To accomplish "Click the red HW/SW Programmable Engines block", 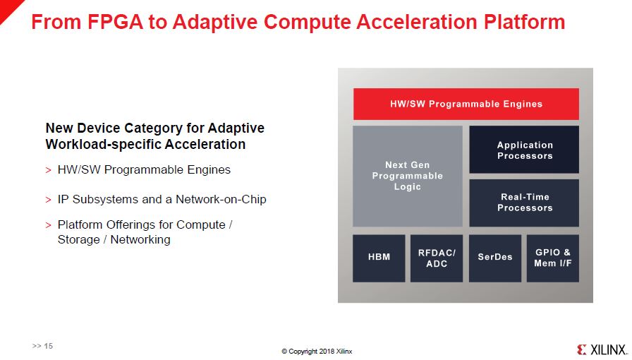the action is [466, 104].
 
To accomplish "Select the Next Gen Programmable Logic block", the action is [408, 176].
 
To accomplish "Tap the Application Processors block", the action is [524, 150].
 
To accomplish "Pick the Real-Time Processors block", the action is [524, 203].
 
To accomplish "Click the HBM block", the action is [379, 258].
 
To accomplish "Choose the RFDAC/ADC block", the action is [437, 258].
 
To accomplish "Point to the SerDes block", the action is [495, 258].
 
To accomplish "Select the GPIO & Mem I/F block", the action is [552, 258].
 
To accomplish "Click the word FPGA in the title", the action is [115, 22].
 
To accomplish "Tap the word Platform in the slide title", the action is [524, 22].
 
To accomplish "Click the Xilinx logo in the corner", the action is [602, 349].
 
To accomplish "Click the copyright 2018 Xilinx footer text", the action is [317, 351].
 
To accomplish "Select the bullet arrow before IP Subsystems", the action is [49, 200].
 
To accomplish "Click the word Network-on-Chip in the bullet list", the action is [221, 199].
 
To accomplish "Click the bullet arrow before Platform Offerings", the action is [49, 225].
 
